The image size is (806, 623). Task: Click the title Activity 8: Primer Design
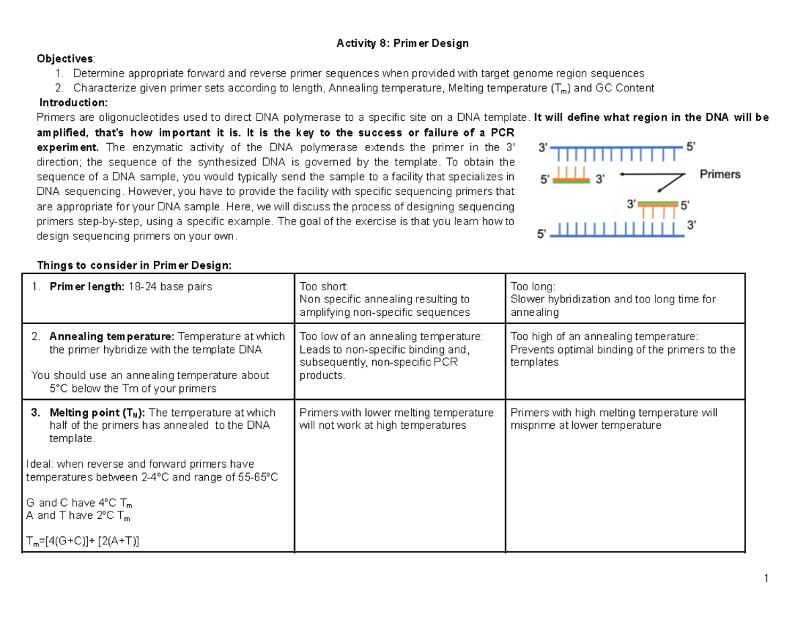click(402, 44)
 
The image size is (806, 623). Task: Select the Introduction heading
click(73, 103)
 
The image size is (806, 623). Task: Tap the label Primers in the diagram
click(720, 175)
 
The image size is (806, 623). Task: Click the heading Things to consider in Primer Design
click(134, 265)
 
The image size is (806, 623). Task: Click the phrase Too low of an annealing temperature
click(391, 337)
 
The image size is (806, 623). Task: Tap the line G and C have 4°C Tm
click(78, 503)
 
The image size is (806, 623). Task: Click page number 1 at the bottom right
click(765, 578)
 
